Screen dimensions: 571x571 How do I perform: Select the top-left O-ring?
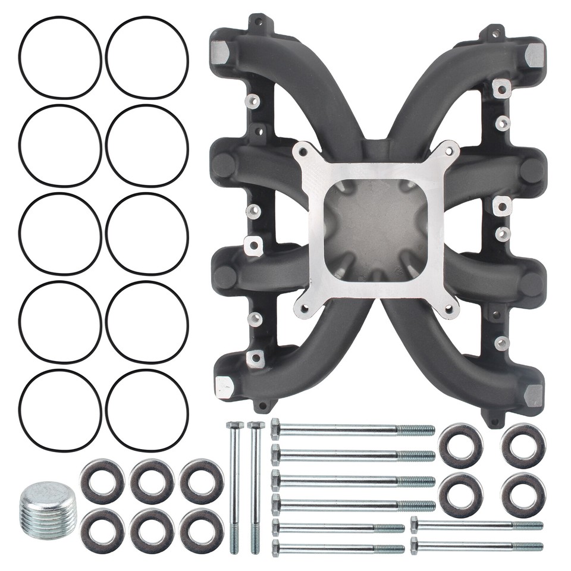click(59, 58)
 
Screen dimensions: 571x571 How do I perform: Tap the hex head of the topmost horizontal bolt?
click(276, 428)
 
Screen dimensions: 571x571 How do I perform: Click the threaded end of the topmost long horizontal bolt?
click(416, 430)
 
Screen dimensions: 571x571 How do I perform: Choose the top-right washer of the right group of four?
click(523, 445)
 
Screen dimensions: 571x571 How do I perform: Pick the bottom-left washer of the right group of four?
click(460, 494)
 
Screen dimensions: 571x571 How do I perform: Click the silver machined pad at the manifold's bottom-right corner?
click(534, 396)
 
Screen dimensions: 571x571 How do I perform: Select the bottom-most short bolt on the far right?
click(476, 546)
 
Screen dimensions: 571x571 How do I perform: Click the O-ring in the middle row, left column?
click(59, 234)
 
